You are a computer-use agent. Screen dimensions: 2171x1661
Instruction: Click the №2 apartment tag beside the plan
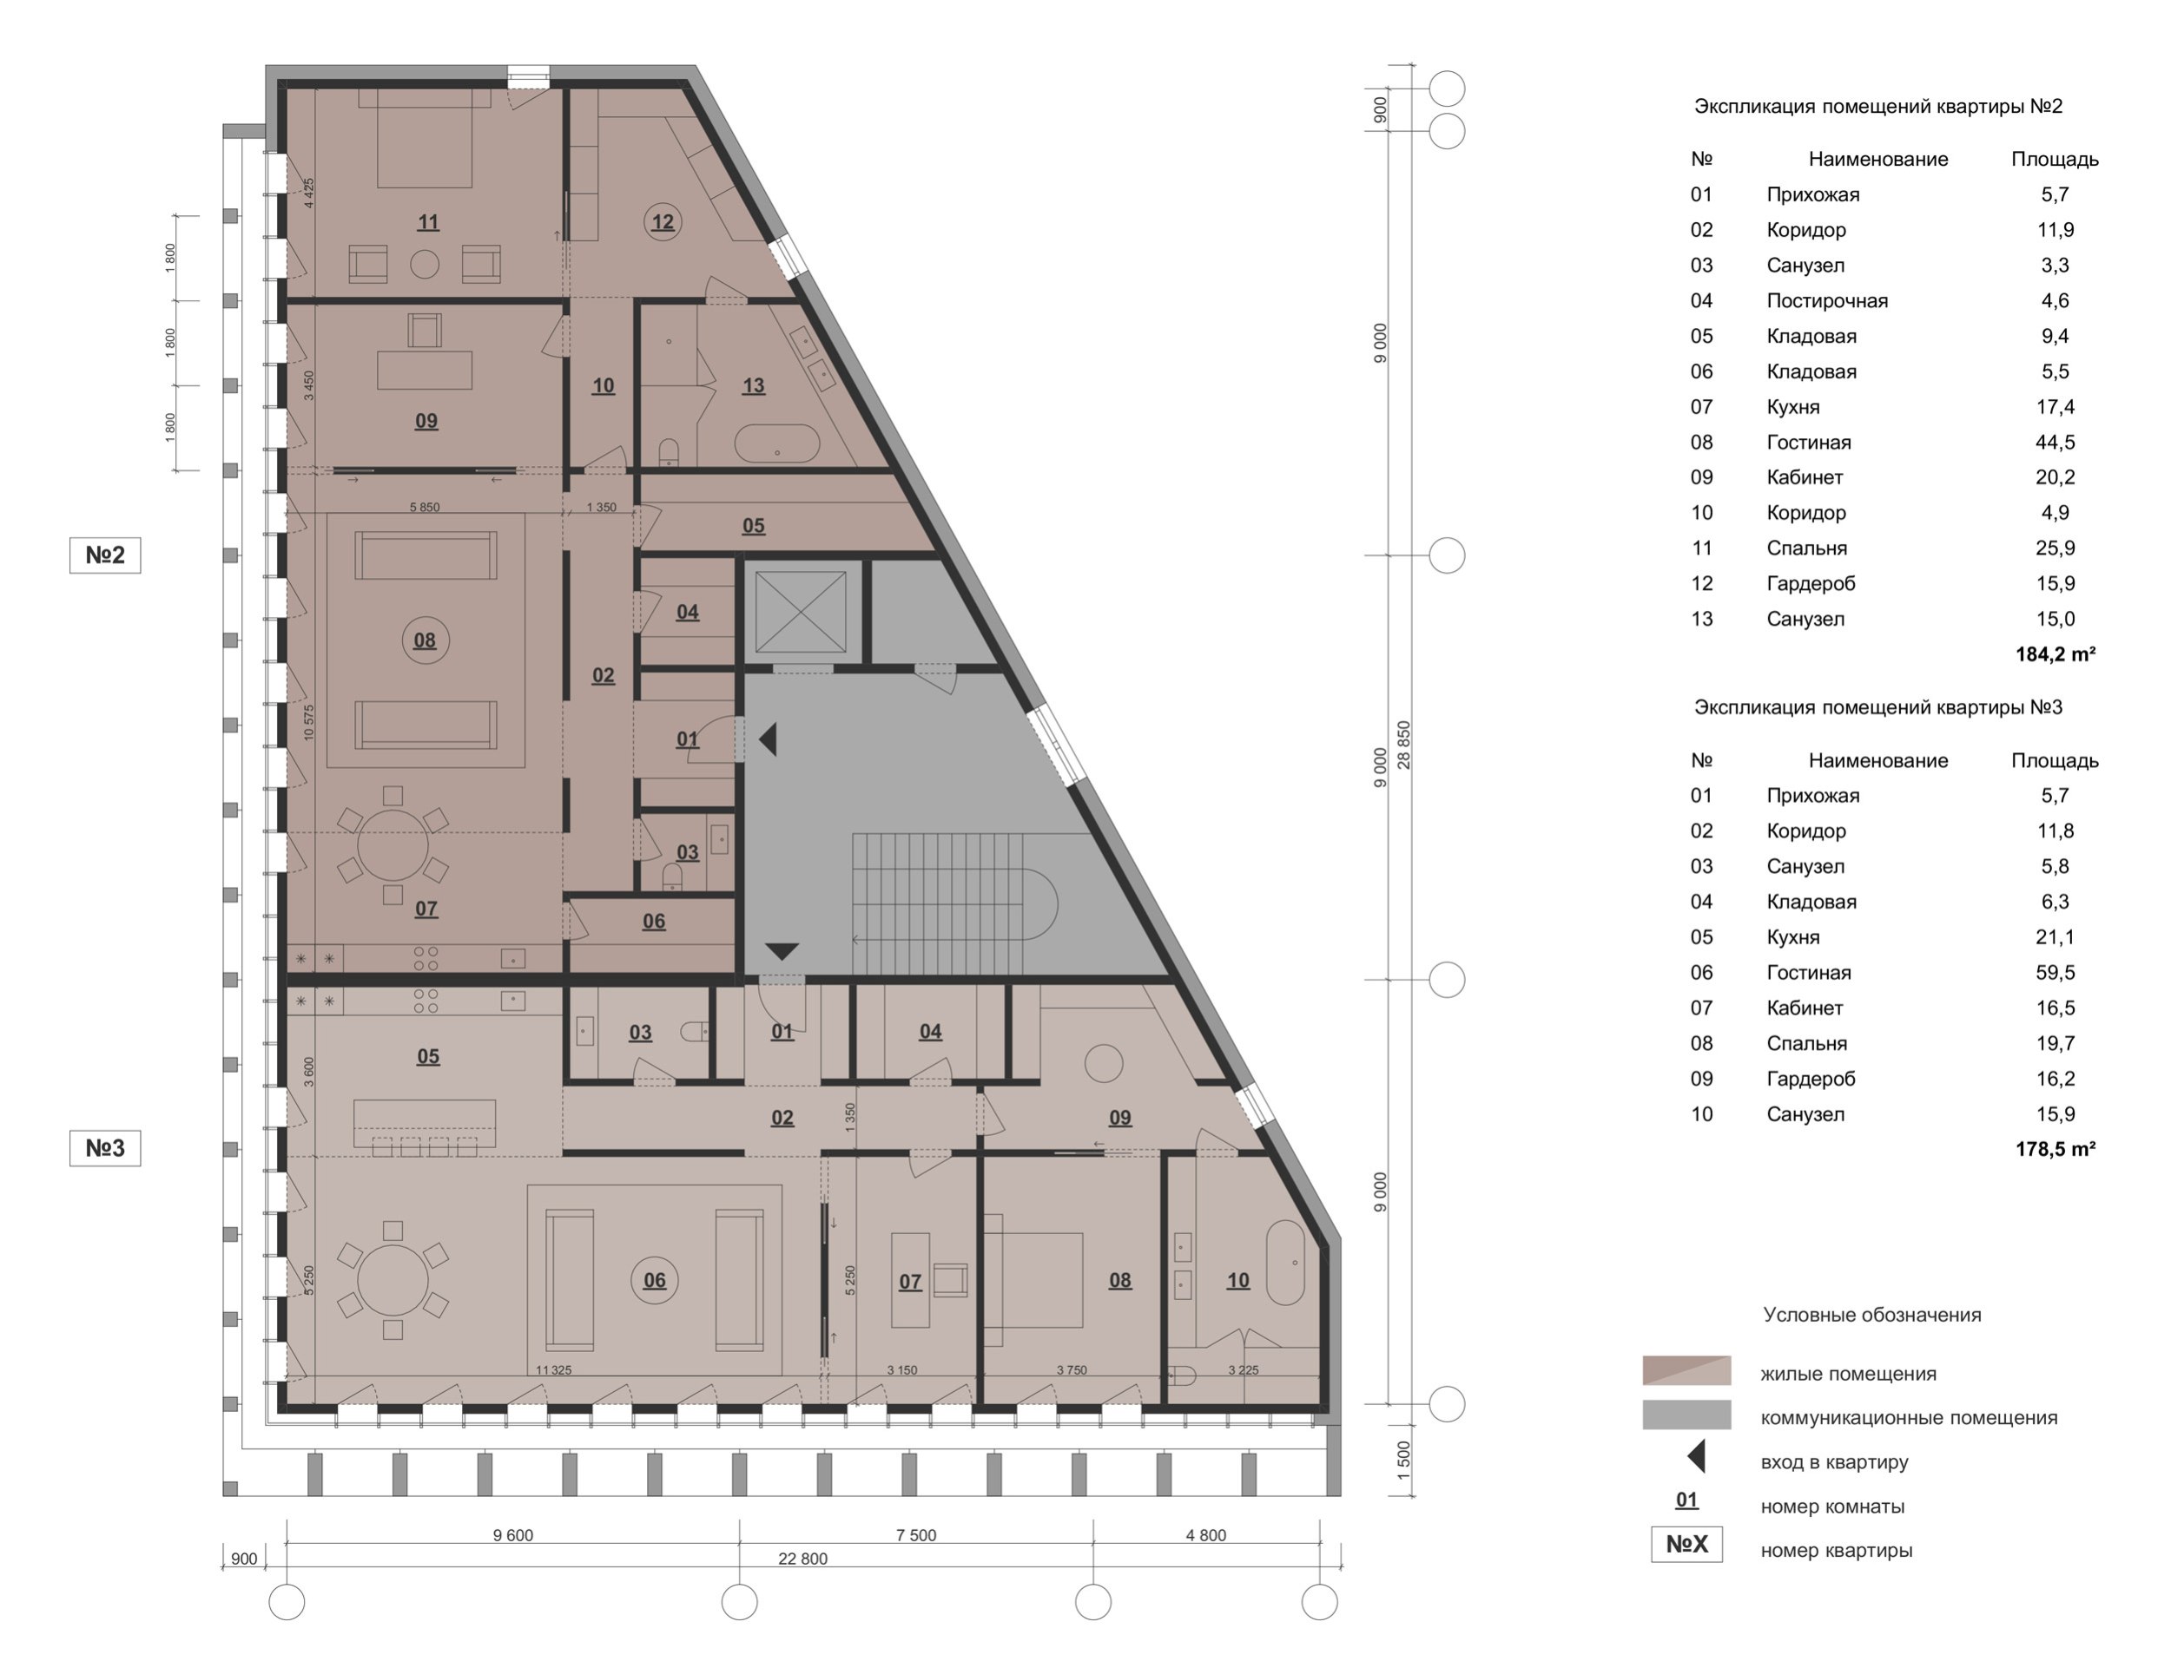(x=105, y=555)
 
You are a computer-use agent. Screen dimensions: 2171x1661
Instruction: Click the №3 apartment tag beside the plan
(x=105, y=1148)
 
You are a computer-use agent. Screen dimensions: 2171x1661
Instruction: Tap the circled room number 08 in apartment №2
(x=426, y=640)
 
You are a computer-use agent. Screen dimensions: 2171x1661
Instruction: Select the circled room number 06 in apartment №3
(x=654, y=1280)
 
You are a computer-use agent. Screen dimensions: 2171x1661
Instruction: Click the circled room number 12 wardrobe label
(x=662, y=221)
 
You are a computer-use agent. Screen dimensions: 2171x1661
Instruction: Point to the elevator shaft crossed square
(x=800, y=611)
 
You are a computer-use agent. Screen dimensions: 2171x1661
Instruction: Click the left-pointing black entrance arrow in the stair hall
(x=768, y=739)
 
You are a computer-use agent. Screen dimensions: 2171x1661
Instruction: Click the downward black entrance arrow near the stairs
(x=782, y=951)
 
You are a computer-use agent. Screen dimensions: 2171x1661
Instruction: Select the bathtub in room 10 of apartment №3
(x=1286, y=1263)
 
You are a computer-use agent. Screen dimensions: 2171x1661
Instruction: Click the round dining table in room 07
(x=393, y=844)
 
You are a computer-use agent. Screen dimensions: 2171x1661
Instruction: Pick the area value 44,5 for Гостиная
(x=2055, y=442)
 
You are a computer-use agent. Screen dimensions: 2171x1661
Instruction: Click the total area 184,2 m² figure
(x=2055, y=654)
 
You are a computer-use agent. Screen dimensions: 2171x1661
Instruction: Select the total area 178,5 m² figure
(x=2055, y=1149)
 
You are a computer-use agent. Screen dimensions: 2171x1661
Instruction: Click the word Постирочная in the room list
(x=1827, y=300)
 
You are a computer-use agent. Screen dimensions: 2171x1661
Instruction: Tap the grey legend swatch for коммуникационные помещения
(x=1686, y=1415)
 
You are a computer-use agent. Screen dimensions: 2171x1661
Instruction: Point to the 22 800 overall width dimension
(x=802, y=1559)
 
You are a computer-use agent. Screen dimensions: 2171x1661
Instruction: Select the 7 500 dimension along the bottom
(x=916, y=1535)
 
